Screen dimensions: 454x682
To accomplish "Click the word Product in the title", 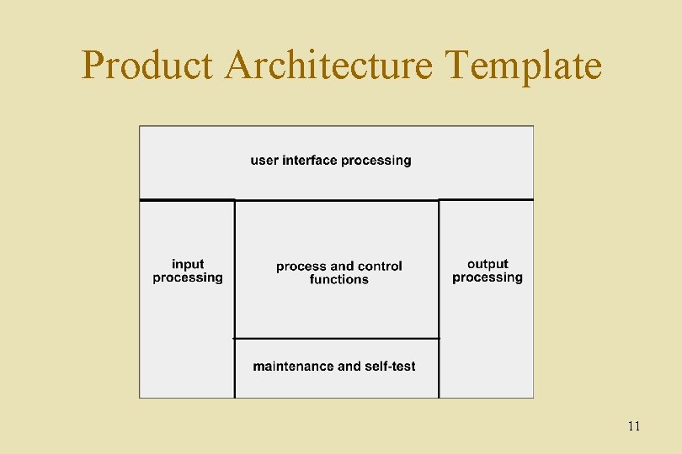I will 147,66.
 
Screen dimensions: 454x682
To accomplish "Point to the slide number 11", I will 633,426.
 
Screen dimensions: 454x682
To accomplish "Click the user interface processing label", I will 331,160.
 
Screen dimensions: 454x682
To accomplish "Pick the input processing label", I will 188,271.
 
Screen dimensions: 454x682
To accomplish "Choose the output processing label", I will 488,271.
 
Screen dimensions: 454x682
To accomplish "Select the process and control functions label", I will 339,272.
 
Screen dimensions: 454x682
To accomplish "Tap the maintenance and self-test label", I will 334,366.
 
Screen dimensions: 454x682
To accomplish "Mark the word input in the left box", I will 188,264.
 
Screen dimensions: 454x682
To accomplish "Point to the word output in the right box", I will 488,264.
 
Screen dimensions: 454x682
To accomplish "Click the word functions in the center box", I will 339,279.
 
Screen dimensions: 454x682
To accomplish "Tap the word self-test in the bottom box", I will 390,366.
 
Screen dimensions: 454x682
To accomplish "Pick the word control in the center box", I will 381,266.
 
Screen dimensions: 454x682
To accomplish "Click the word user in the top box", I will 264,160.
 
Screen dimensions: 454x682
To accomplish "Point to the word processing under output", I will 488,277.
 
